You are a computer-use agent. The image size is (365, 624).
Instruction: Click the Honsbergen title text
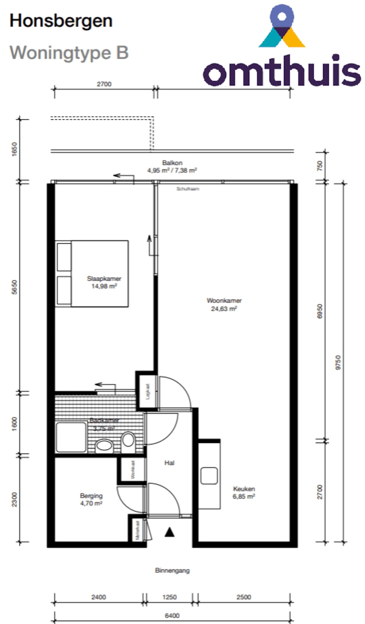click(61, 21)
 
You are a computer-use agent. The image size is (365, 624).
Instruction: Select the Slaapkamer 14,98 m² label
click(104, 282)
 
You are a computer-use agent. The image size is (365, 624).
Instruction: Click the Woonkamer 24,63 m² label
click(224, 305)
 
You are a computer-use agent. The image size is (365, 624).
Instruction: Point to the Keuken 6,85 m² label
click(244, 492)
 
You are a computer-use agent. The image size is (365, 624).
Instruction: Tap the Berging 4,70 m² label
click(91, 499)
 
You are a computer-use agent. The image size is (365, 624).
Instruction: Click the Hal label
click(169, 463)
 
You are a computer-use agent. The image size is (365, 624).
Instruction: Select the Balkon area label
click(172, 167)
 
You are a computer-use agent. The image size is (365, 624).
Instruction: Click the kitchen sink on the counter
click(209, 476)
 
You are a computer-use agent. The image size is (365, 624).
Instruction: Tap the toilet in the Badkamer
click(128, 439)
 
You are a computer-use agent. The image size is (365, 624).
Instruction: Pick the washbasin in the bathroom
click(104, 445)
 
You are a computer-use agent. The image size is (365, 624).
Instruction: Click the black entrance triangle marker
click(169, 532)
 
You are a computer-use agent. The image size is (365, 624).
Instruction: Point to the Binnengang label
click(172, 570)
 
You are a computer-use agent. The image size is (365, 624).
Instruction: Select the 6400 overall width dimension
click(172, 616)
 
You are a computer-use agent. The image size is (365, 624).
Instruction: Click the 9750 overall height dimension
click(338, 363)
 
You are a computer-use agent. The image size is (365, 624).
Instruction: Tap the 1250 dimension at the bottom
click(169, 597)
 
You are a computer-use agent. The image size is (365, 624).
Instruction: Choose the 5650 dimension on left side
click(14, 287)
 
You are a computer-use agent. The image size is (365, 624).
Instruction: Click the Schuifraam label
click(188, 189)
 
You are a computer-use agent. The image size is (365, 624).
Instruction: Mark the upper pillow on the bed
click(64, 257)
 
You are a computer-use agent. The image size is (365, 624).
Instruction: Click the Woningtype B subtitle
click(69, 53)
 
